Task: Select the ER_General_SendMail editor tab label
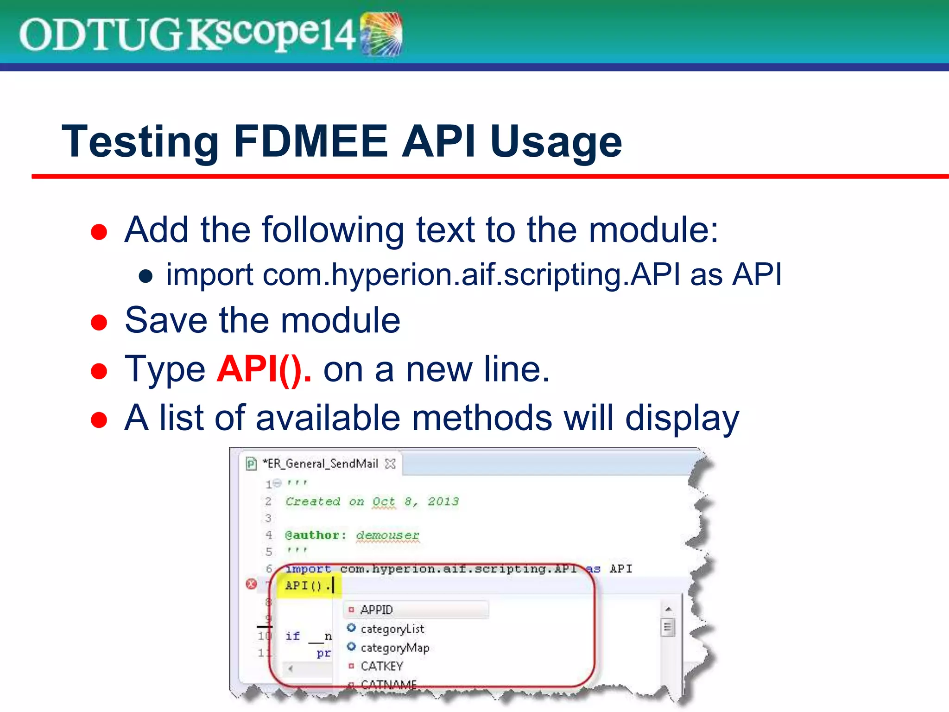pos(320,464)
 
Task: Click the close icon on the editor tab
pos(391,464)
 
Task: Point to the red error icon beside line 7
pos(251,584)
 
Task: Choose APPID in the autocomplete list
pos(376,610)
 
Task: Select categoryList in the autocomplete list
pos(392,629)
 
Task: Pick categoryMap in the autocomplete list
pos(395,648)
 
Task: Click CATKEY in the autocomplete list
pos(382,666)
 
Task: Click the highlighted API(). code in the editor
pos(308,586)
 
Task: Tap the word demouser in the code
pos(387,535)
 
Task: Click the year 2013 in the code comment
pos(443,502)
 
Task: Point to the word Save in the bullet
pos(166,320)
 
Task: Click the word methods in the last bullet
pos(481,418)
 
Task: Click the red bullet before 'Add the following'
pos(99,231)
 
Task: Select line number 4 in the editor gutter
pos(269,535)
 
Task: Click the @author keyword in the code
pos(316,535)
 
